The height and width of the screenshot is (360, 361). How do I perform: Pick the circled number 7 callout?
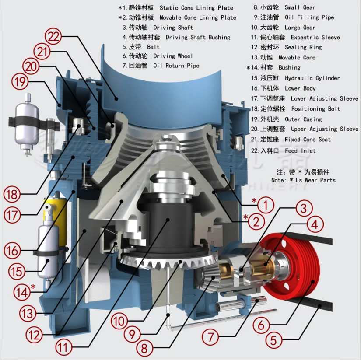[x=210, y=337]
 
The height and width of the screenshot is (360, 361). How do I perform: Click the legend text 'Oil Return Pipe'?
[x=176, y=66]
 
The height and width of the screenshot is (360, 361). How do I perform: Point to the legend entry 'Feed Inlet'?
[x=300, y=151]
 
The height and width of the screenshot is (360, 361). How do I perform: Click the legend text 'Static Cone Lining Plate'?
[x=196, y=8]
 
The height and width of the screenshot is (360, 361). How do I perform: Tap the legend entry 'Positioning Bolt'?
[x=315, y=108]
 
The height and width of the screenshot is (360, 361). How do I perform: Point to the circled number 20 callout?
[x=32, y=67]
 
